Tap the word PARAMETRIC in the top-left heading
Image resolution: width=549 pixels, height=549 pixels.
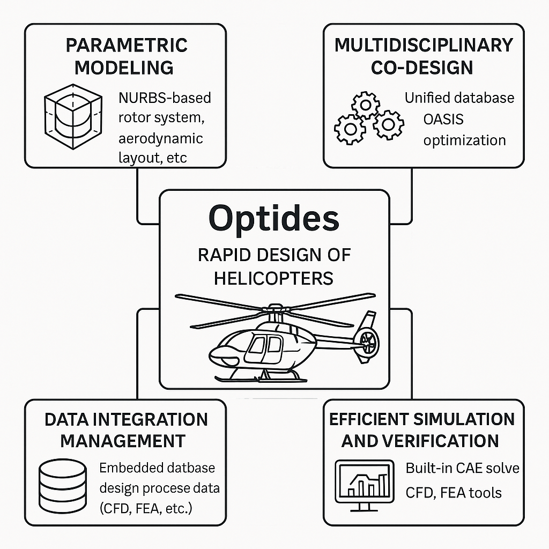127,46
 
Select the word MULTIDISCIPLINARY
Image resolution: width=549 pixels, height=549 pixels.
424,46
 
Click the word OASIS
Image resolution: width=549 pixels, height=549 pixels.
443,120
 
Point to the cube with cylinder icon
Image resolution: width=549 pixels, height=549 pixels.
73,116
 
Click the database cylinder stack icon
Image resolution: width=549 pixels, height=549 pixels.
63,486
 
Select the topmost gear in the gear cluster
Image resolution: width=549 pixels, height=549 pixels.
366,105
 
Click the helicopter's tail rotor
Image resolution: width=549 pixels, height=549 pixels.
366,340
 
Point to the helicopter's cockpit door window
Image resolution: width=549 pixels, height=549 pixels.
258,345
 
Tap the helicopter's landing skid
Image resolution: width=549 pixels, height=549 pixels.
261,379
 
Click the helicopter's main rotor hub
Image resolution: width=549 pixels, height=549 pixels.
276,308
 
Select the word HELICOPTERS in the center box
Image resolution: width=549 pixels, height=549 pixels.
273,279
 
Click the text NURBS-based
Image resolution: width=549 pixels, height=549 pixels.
165,98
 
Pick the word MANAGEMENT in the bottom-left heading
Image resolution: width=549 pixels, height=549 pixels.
123,441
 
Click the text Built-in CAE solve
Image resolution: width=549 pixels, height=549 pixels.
463,468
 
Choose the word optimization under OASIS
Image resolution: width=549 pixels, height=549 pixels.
465,141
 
